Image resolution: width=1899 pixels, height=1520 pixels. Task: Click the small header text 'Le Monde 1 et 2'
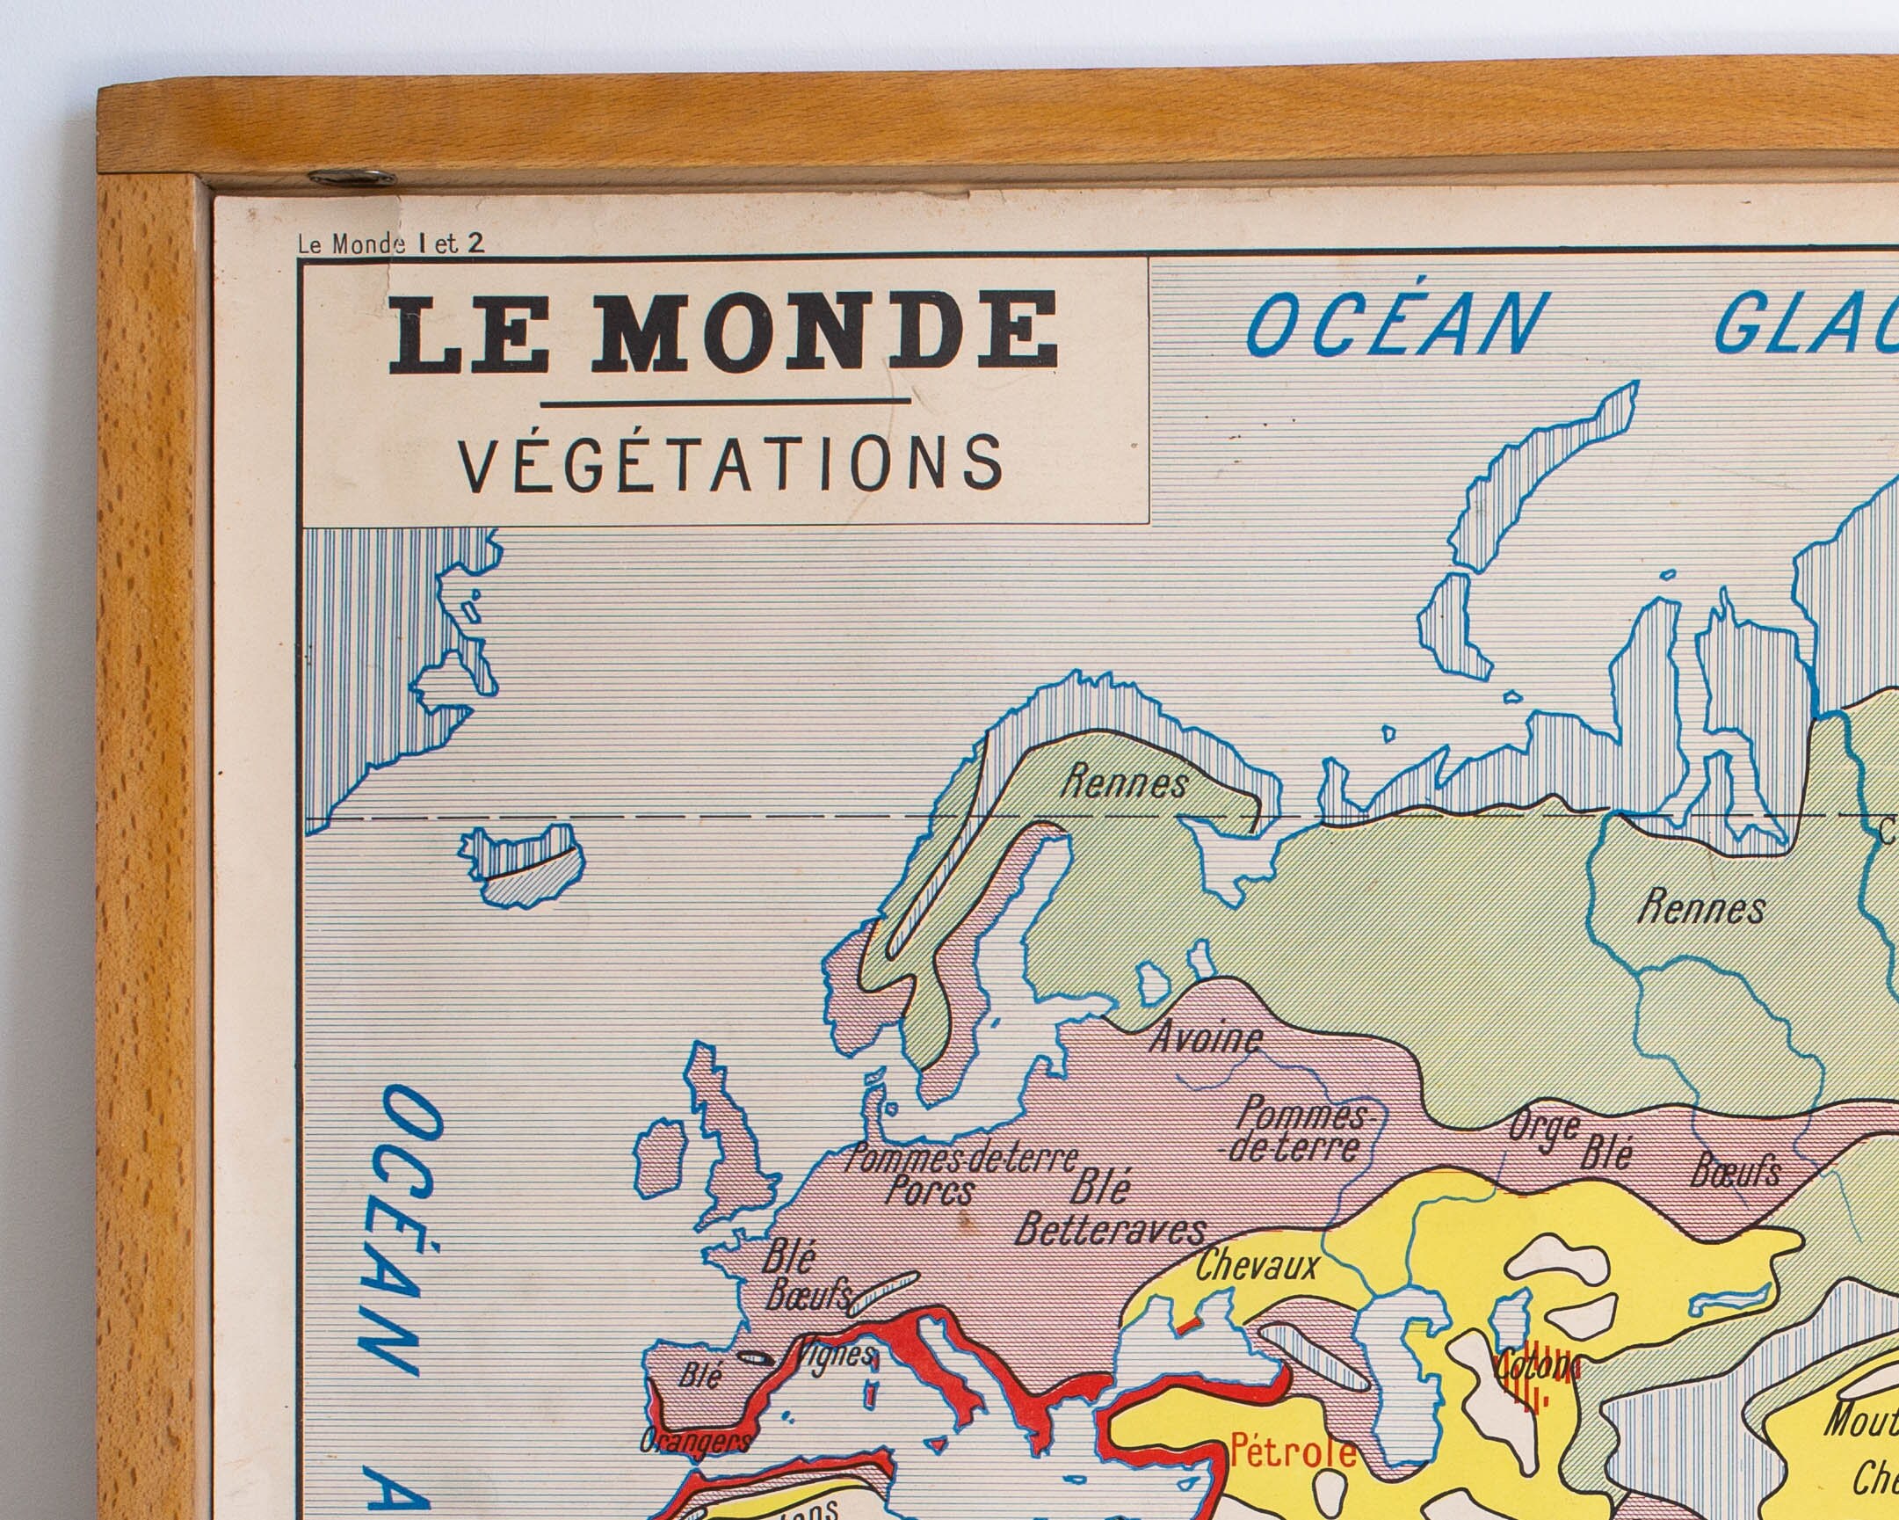[x=391, y=244]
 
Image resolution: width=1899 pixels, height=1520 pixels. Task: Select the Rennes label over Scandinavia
[x=1124, y=782]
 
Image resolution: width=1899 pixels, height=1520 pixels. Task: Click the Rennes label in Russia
[x=1700, y=907]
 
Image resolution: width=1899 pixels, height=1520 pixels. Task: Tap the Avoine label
[x=1205, y=1038]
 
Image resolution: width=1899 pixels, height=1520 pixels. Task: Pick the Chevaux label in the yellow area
[x=1257, y=1266]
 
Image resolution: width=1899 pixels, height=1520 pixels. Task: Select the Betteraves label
[x=1110, y=1230]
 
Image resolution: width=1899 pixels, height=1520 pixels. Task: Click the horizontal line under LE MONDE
[x=725, y=403]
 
